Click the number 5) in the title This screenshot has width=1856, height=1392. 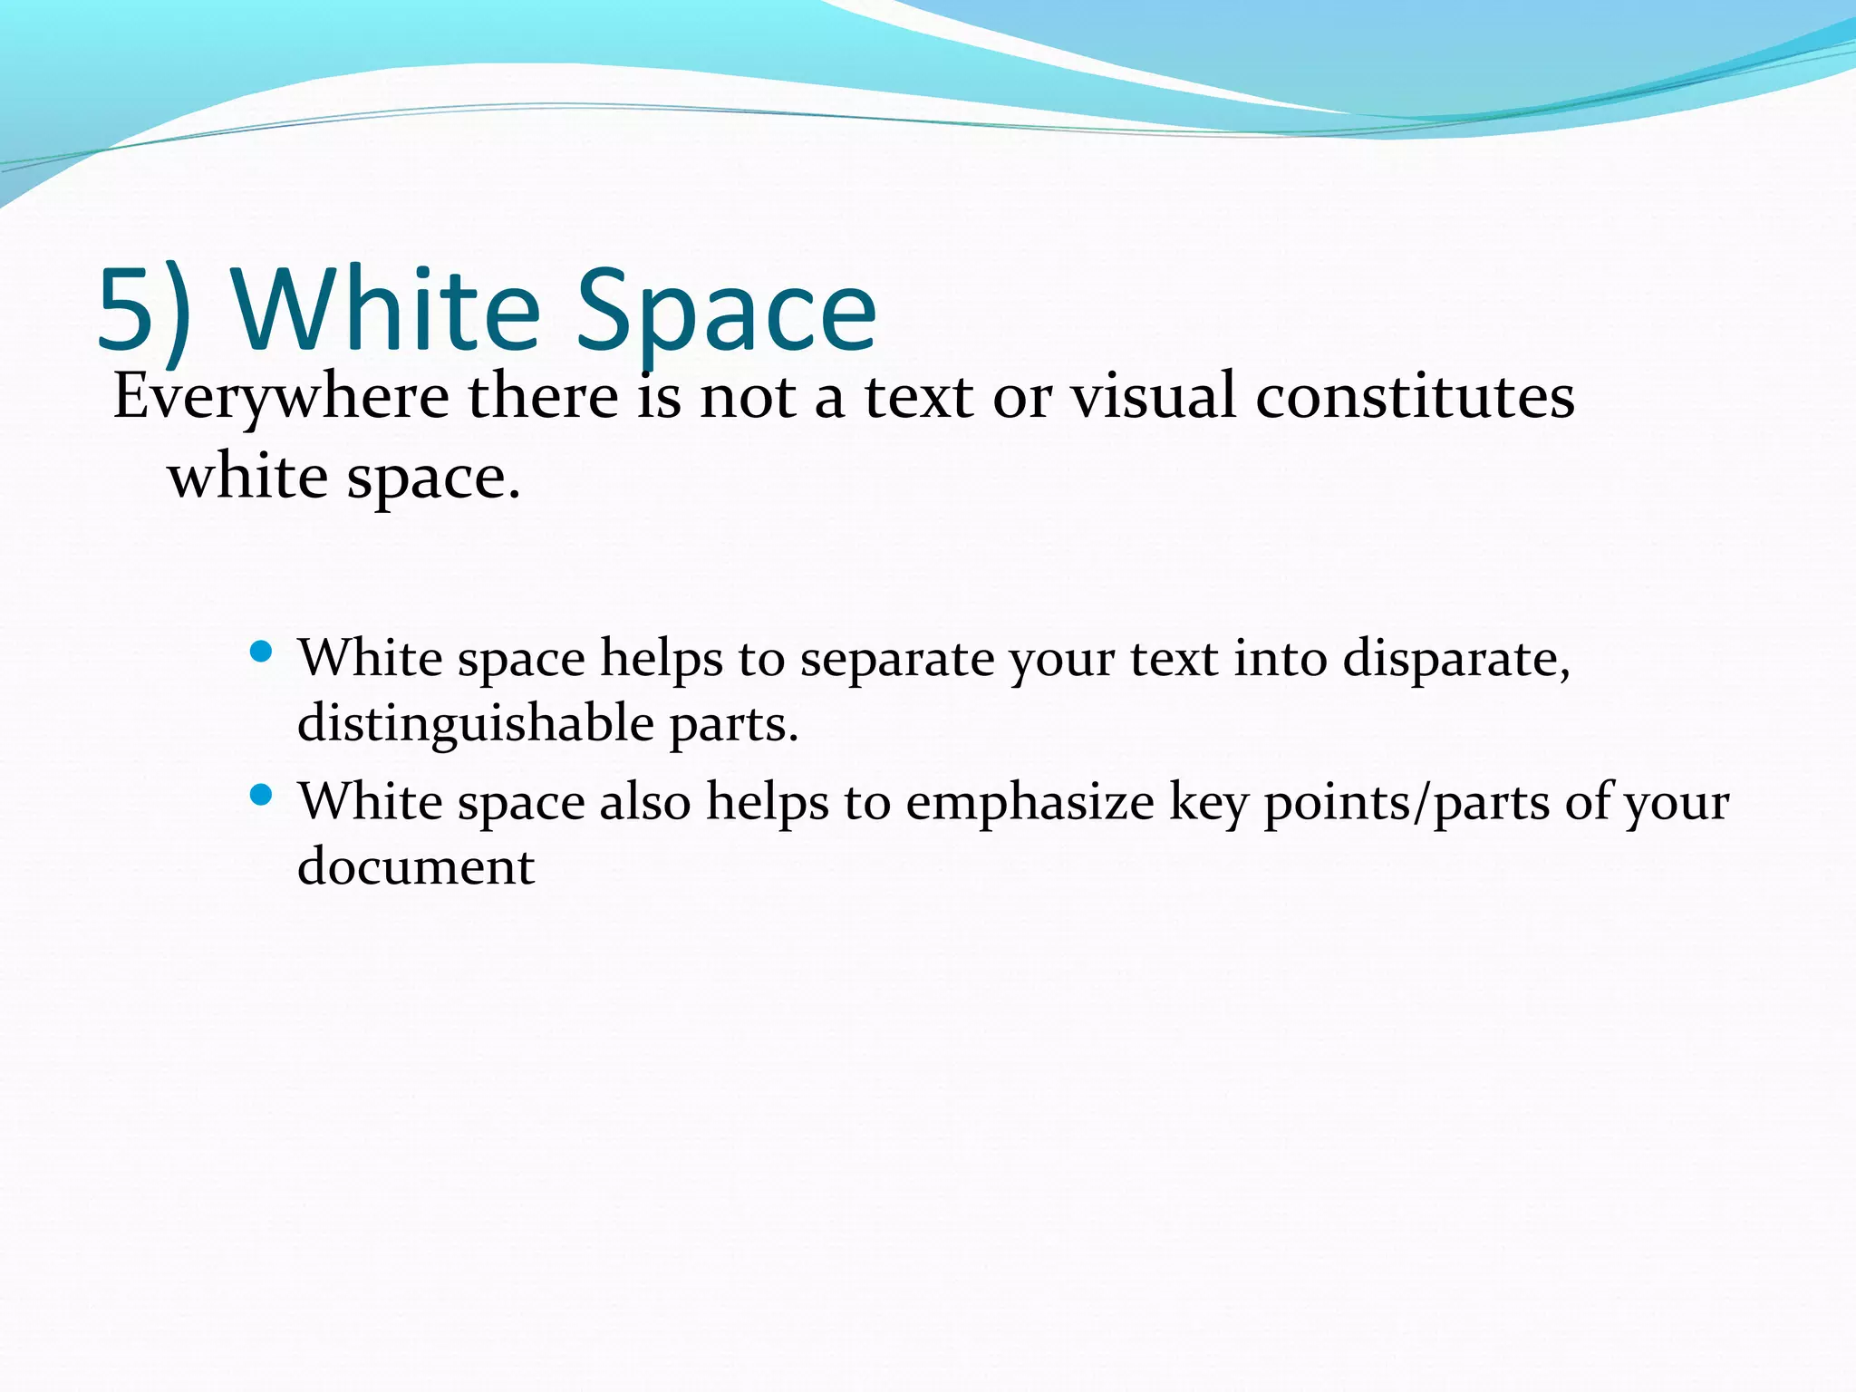[x=143, y=310]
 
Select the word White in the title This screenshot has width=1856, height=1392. [x=387, y=310]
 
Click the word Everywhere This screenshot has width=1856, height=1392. [x=281, y=398]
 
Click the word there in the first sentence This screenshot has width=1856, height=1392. [x=543, y=396]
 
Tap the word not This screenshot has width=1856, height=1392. [x=749, y=398]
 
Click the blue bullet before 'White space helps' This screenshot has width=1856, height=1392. [x=261, y=652]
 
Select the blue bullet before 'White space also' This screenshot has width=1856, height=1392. [x=261, y=796]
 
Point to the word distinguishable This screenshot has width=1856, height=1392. [x=475, y=724]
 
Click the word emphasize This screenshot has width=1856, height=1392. [x=1029, y=803]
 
